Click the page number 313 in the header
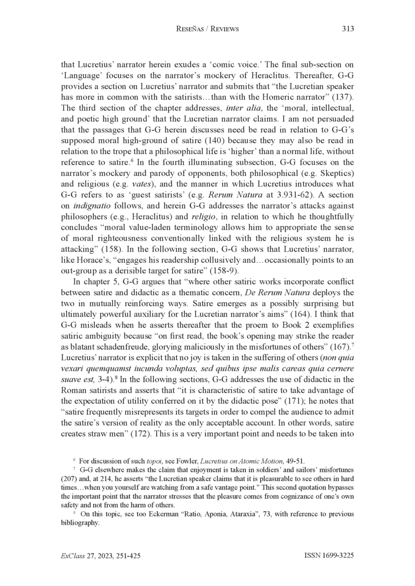pos(348,29)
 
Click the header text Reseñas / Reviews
pos(208,29)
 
